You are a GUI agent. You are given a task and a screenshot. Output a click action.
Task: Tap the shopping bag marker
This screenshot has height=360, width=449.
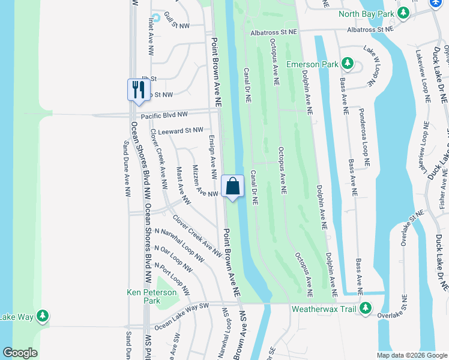(x=233, y=186)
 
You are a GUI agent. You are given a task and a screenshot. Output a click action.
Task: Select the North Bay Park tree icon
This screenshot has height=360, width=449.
(x=404, y=13)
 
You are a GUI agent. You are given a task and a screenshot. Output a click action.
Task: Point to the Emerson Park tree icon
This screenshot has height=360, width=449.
(x=347, y=63)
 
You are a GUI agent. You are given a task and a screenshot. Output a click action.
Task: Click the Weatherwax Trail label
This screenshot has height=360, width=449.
(x=324, y=310)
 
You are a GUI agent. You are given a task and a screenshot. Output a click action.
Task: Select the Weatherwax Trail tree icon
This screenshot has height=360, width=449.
(x=365, y=310)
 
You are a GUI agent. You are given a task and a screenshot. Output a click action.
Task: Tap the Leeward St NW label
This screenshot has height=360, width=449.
(x=181, y=130)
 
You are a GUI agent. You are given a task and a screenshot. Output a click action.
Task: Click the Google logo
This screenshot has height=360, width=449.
(x=20, y=353)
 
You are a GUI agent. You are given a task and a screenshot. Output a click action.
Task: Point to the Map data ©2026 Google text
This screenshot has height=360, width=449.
(x=411, y=355)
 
